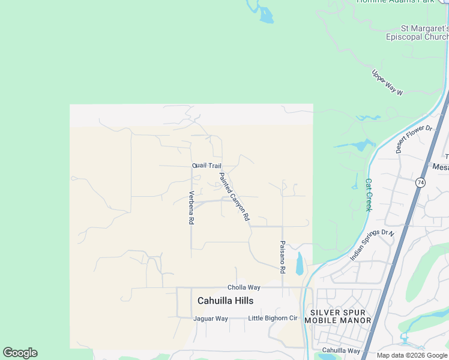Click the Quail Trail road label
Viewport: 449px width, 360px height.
point(206,166)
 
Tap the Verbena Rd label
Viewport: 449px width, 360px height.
point(191,208)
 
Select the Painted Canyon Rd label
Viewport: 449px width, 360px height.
point(234,197)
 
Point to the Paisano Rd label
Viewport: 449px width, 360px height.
point(282,257)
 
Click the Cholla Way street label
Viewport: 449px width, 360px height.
point(244,288)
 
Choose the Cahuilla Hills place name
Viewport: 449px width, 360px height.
point(225,301)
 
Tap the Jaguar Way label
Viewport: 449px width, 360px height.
point(211,319)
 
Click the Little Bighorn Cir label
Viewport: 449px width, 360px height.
point(273,318)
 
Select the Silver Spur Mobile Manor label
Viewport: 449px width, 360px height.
point(341,316)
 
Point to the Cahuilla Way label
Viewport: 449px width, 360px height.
point(341,350)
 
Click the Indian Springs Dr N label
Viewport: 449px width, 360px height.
point(373,245)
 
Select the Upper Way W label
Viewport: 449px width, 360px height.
point(387,82)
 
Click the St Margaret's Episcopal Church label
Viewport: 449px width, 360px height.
point(417,32)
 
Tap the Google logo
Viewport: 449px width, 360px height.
point(20,353)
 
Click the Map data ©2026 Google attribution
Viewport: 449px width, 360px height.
point(412,355)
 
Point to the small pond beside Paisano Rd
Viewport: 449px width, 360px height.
point(300,263)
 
